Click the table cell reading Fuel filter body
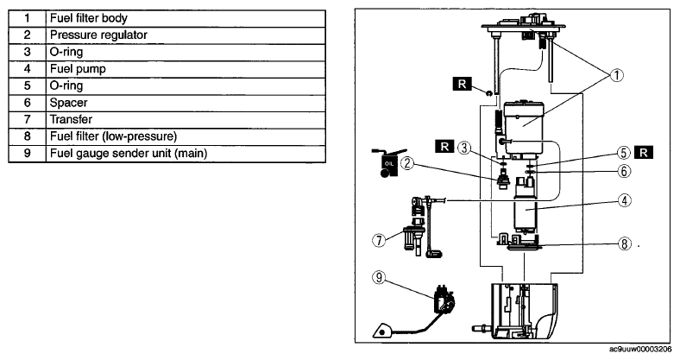pos(186,18)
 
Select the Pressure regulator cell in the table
pos(186,35)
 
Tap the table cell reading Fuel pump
pos(186,69)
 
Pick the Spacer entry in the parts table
pos(186,103)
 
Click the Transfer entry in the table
pos(186,120)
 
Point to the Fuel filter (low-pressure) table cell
pos(186,136)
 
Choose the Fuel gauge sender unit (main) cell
pos(186,154)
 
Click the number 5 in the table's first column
pos(28,85)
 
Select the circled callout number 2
pos(406,163)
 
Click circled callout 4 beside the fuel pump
pos(624,201)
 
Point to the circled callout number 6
pos(624,171)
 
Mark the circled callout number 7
pos(379,240)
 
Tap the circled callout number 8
pos(624,243)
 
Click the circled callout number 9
pos(379,278)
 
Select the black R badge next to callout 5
pos(644,153)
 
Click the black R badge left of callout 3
pos(444,147)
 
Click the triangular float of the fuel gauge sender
pos(382,331)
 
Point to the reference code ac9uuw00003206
pos(640,349)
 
